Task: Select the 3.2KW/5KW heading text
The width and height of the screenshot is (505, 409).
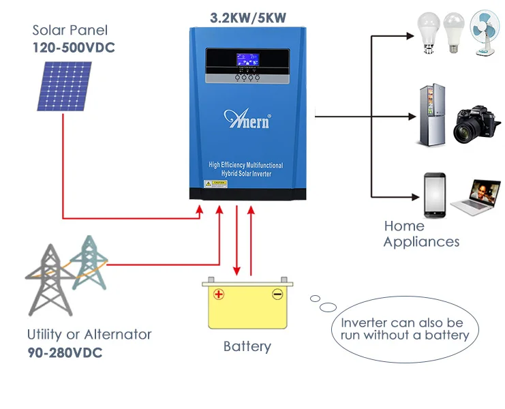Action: click(x=248, y=17)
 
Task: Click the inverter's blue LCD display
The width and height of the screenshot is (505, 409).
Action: click(x=246, y=61)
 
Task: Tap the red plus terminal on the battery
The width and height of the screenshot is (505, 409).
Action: click(x=218, y=294)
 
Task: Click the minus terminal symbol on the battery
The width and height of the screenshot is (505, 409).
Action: click(x=277, y=294)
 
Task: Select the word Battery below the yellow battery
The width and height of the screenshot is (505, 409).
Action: click(x=247, y=346)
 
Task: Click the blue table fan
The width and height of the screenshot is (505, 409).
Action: click(x=487, y=33)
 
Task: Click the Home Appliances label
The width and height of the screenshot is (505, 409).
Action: click(x=420, y=234)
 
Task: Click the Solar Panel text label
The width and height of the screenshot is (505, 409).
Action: click(x=70, y=31)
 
